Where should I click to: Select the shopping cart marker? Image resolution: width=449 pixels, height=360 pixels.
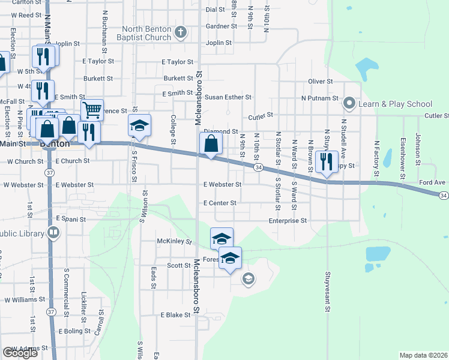pos(92,110)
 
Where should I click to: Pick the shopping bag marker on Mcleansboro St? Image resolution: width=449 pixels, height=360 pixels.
pos(211,144)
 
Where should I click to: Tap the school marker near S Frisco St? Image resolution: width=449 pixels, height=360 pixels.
pos(139,127)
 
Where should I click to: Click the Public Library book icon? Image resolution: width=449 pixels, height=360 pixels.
pos(53,232)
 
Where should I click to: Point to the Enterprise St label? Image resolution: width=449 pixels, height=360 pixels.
pos(288,221)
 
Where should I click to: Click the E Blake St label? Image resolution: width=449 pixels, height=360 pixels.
pos(175,315)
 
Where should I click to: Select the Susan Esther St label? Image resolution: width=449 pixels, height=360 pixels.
pos(228,97)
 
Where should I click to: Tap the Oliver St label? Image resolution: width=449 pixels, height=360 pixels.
pos(320,81)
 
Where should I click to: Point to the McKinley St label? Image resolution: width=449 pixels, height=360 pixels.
pos(173,242)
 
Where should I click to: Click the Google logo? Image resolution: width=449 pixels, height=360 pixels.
pos(20,352)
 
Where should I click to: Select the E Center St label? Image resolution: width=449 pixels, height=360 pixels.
pos(220,203)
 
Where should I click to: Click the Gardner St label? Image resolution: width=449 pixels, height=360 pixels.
pos(221,26)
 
